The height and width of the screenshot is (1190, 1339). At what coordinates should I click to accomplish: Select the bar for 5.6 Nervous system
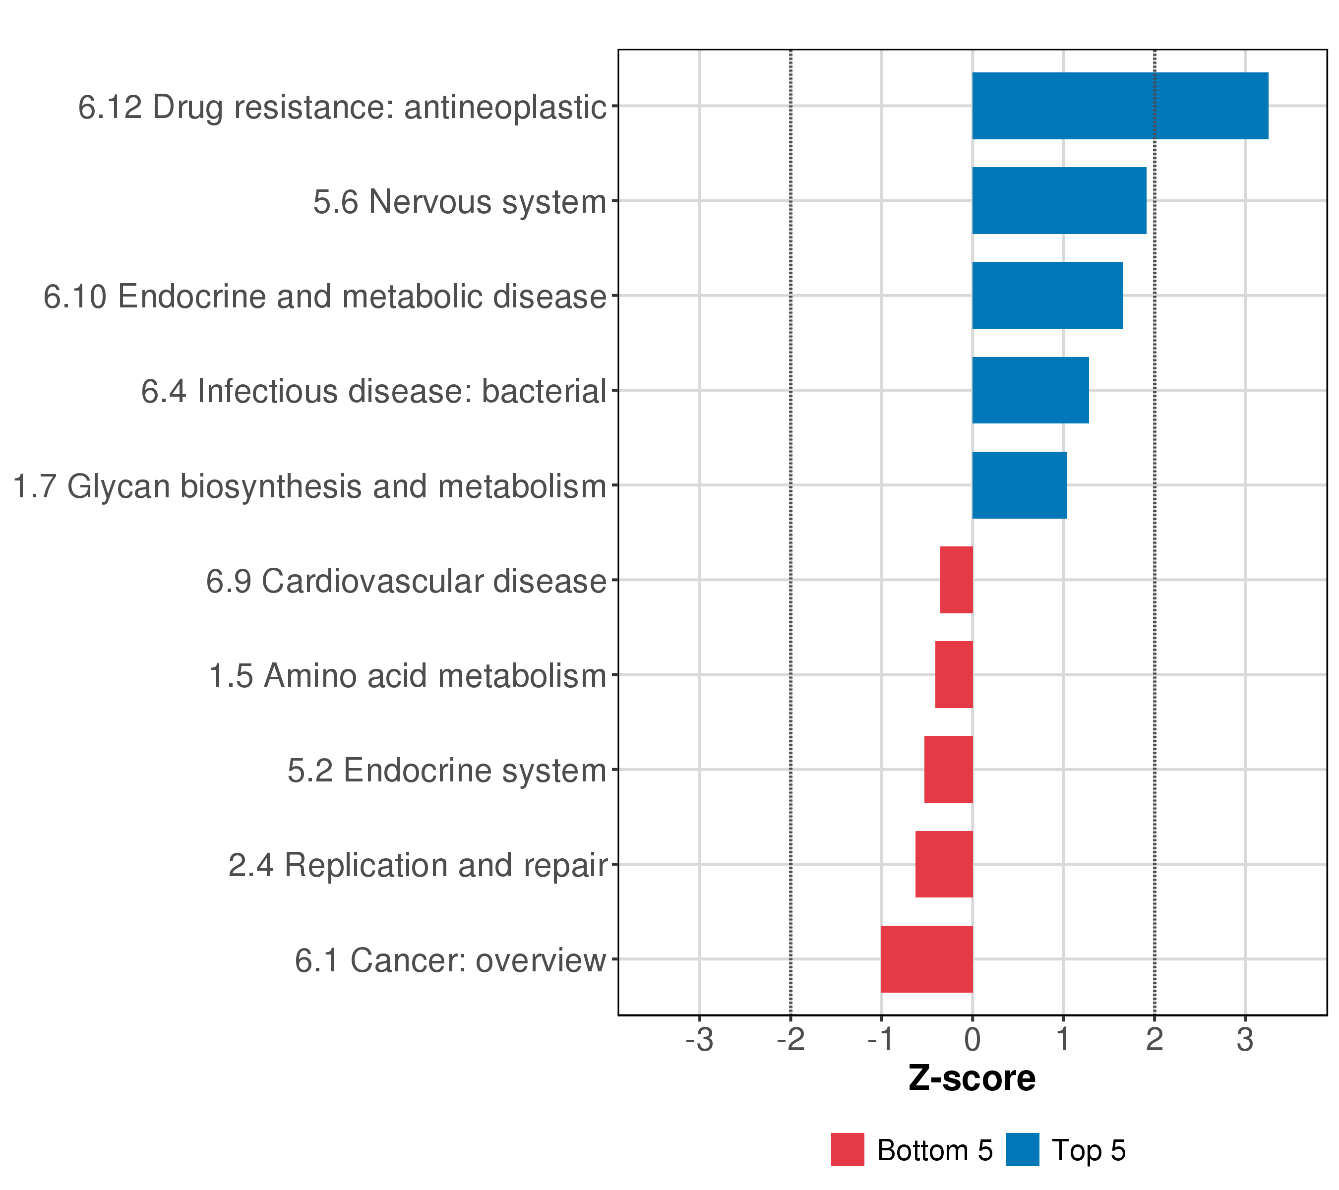click(x=1059, y=200)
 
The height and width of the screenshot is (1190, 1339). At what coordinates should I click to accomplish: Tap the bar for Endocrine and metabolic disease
click(x=1047, y=296)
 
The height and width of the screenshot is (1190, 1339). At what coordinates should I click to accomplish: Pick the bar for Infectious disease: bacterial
click(x=1030, y=390)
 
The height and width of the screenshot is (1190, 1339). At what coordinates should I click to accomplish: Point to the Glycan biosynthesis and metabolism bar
click(x=1019, y=485)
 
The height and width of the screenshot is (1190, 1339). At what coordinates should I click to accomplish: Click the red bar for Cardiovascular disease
click(x=957, y=580)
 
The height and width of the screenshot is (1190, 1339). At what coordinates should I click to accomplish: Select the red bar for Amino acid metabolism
click(x=954, y=674)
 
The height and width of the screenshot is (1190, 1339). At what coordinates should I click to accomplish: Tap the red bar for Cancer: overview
click(x=927, y=959)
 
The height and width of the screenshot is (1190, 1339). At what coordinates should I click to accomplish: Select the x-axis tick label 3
click(x=1245, y=1040)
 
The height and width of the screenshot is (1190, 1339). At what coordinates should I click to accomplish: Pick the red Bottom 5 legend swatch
click(x=848, y=1150)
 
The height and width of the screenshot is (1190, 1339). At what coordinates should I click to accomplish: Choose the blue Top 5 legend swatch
click(x=1023, y=1150)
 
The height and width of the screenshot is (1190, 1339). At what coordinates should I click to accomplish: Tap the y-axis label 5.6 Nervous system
click(x=460, y=202)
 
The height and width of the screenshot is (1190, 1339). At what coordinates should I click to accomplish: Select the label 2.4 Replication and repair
click(x=417, y=866)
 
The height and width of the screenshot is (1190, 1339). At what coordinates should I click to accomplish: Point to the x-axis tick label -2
click(x=790, y=1040)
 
